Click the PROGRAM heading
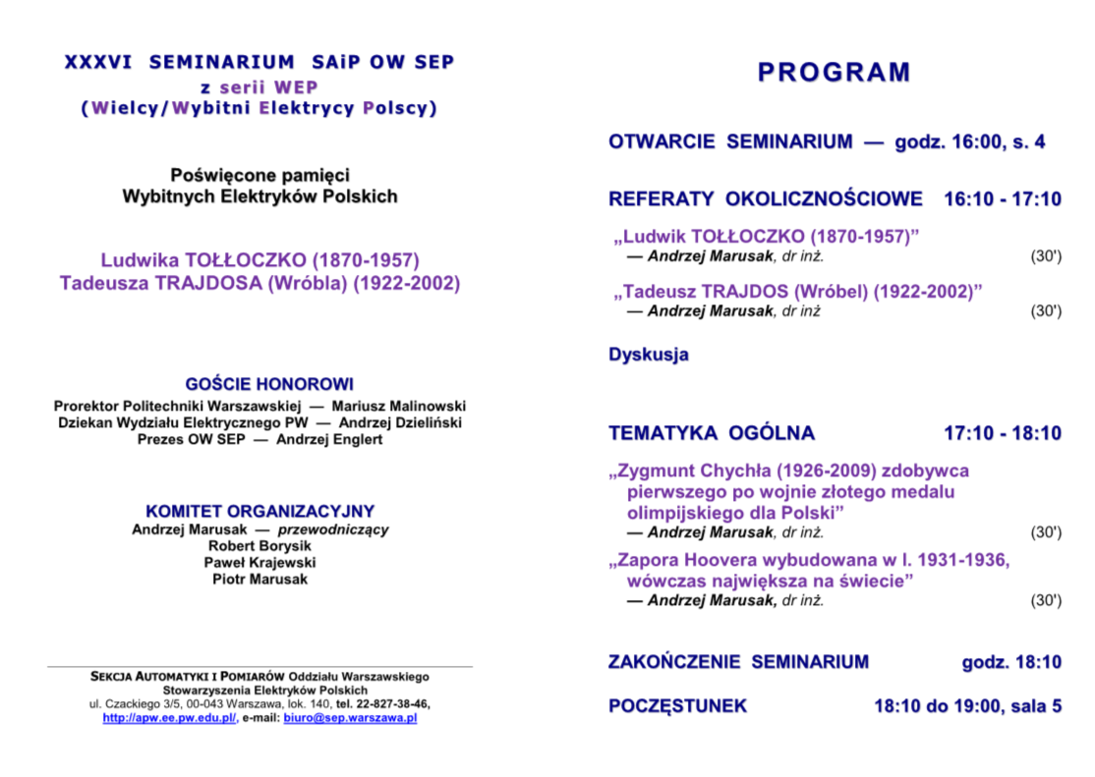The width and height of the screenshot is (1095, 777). point(834,73)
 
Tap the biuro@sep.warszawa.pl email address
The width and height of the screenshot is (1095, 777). point(350,718)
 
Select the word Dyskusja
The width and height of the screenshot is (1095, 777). point(649,355)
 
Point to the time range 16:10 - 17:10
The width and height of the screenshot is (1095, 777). point(1002,199)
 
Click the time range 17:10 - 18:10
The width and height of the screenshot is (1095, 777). point(1002,433)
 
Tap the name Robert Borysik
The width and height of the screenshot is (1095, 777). point(259,545)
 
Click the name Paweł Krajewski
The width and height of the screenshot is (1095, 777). point(259,562)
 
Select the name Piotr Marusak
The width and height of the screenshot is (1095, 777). point(259,579)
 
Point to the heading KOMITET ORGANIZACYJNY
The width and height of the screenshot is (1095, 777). point(259,511)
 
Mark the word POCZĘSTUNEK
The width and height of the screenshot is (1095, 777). point(677,705)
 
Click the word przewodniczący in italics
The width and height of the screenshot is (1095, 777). point(332,529)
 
